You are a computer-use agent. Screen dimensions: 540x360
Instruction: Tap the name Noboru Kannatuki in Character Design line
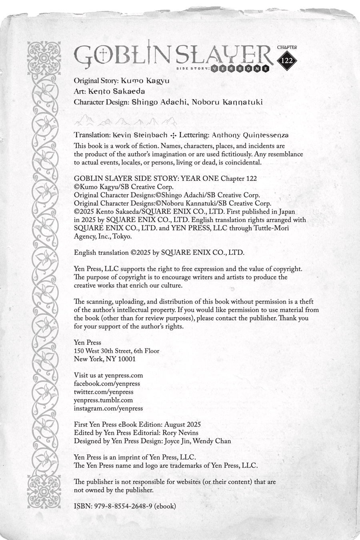(227, 102)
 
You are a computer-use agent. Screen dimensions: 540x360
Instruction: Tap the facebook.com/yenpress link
(107, 384)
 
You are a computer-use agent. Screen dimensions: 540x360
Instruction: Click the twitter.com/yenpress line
(104, 392)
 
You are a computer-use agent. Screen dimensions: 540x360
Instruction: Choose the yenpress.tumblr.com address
(103, 400)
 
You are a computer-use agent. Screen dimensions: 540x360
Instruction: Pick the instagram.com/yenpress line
(108, 408)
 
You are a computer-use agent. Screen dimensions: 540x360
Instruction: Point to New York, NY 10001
(105, 359)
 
